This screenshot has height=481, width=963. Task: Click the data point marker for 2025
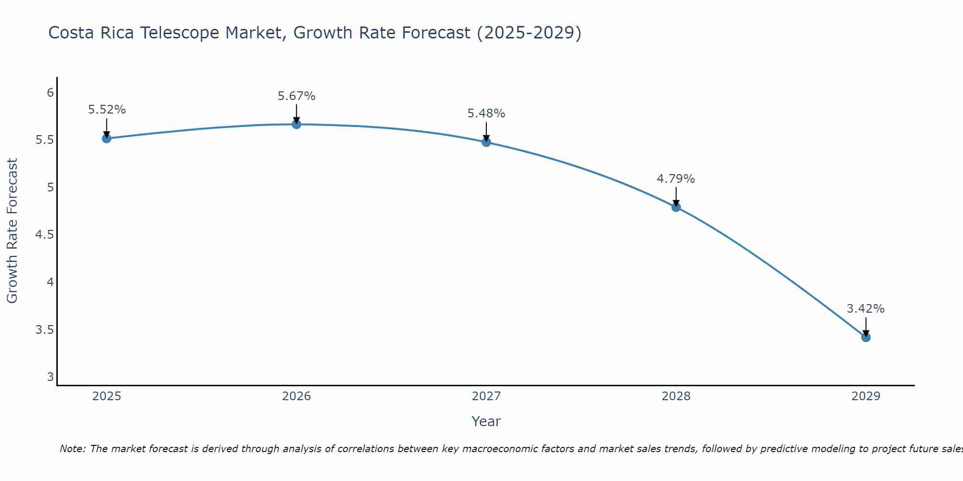click(107, 139)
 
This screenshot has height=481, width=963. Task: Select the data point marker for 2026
click(297, 125)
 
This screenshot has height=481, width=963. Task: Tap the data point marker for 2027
click(486, 142)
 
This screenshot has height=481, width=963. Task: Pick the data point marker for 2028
click(676, 207)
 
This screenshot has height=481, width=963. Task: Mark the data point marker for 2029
click(866, 338)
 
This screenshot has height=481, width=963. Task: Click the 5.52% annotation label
click(107, 110)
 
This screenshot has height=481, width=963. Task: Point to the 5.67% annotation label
click(297, 96)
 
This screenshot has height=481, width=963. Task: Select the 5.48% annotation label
click(486, 114)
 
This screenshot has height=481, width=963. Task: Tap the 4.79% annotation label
click(676, 179)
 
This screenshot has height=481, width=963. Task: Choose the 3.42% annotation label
click(866, 309)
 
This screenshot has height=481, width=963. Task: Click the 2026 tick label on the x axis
click(297, 396)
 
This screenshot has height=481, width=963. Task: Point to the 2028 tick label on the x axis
click(676, 396)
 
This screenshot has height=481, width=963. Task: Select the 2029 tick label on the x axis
click(866, 396)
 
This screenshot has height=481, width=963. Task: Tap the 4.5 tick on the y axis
click(44, 235)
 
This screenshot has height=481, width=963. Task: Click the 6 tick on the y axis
click(50, 92)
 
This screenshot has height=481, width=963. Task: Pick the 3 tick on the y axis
click(50, 377)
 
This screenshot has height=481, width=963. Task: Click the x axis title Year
click(486, 421)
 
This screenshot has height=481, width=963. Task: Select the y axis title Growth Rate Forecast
click(13, 231)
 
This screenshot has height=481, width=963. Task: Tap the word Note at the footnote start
click(72, 449)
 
